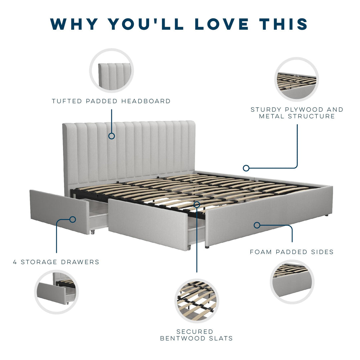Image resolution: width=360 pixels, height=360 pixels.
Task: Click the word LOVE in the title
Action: pyautogui.click(x=222, y=24)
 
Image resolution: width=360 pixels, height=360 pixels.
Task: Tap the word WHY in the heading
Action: pyautogui.click(x=74, y=24)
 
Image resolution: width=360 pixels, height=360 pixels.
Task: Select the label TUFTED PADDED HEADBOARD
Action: pyautogui.click(x=111, y=101)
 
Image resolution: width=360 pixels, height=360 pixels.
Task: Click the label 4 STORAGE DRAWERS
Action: pyautogui.click(x=56, y=262)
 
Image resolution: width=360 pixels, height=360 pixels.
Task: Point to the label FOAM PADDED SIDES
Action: pyautogui.click(x=292, y=252)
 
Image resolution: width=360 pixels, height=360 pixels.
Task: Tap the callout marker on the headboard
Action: pyautogui.click(x=112, y=136)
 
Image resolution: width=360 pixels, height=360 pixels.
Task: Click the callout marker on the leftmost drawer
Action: pyautogui.click(x=73, y=219)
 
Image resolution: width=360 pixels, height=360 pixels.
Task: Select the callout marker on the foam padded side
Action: pyautogui.click(x=257, y=225)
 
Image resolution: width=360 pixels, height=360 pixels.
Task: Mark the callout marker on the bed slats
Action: pyautogui.click(x=197, y=204)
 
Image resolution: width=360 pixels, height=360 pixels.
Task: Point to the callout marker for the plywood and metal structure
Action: pyautogui.click(x=246, y=168)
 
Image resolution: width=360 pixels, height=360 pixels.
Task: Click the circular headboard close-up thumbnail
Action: pyautogui.click(x=112, y=70)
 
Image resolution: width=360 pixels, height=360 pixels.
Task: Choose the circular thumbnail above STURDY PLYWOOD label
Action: pyautogui.click(x=297, y=79)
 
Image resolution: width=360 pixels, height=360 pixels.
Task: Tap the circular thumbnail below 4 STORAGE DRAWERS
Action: pyautogui.click(x=56, y=292)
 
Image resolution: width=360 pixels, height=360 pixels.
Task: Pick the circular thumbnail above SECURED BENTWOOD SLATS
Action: pyautogui.click(x=197, y=301)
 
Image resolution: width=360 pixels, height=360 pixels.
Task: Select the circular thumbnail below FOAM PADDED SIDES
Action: pyautogui.click(x=292, y=282)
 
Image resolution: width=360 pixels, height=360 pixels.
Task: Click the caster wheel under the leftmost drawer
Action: pyautogui.click(x=93, y=232)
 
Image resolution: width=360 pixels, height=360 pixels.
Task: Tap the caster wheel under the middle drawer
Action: pyautogui.click(x=189, y=247)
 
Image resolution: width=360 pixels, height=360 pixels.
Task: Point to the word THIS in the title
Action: pyautogui.click(x=284, y=24)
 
